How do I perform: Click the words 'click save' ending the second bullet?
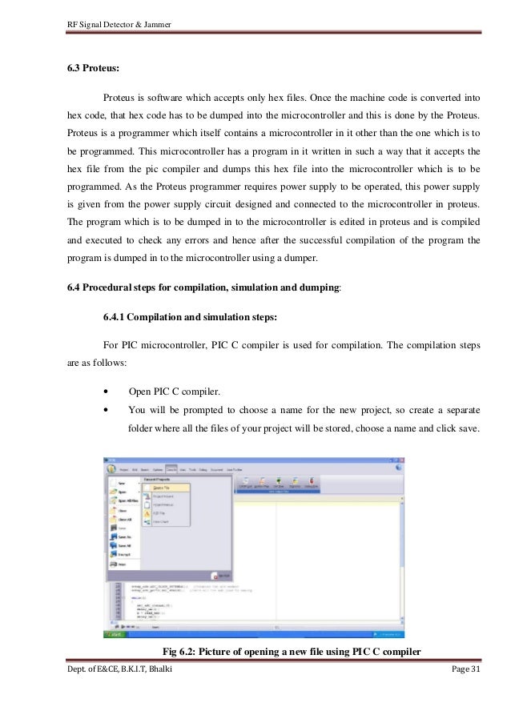[x=459, y=427]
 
